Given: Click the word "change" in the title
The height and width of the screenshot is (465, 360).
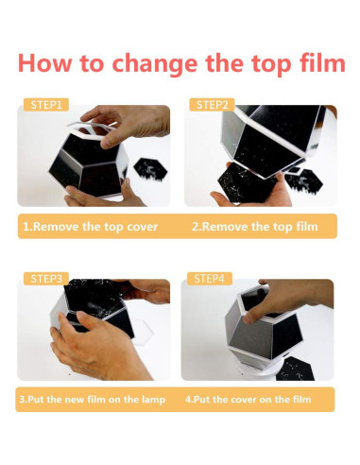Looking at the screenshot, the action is (155, 63).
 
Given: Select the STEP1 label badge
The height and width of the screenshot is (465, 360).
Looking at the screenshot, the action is (46, 105).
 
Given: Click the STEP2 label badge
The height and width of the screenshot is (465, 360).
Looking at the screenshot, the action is (212, 105).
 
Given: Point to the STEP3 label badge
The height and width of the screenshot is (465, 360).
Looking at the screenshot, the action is (46, 279).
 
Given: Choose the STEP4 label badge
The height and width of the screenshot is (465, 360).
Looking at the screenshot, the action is (210, 279).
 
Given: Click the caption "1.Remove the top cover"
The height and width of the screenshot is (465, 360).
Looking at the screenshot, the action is (91, 227).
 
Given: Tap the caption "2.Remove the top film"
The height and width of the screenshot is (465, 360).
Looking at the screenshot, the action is (255, 227).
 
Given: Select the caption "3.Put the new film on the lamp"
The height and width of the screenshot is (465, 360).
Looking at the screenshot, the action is (93, 400).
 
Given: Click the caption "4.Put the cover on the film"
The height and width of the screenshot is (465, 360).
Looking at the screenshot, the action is (248, 400).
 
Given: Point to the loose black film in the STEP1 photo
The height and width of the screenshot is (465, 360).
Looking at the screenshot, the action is (150, 169).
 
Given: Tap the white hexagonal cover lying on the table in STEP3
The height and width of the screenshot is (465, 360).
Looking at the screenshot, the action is (144, 334).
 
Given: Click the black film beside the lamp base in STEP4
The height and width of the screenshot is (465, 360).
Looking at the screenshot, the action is (295, 369).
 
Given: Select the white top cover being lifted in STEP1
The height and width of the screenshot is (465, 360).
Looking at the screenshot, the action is (92, 129).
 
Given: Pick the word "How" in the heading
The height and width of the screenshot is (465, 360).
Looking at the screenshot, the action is (45, 62).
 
